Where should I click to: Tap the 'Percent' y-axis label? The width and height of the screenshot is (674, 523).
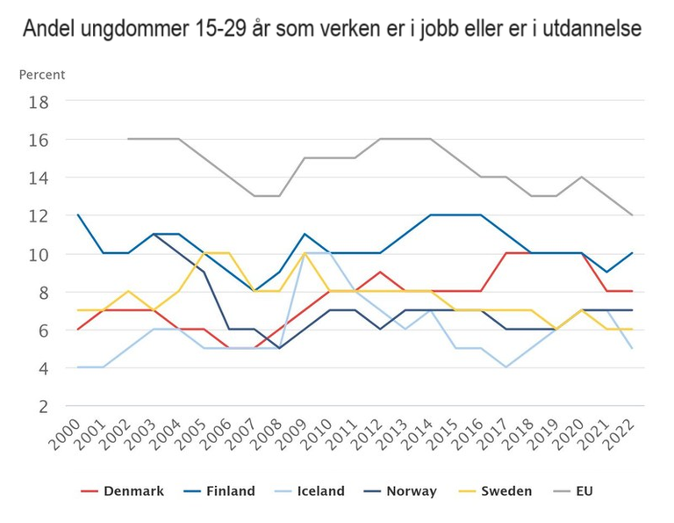coord(42,76)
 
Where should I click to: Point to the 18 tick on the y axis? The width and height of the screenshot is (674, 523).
coord(63,102)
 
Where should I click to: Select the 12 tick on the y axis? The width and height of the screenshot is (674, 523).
coord(63,216)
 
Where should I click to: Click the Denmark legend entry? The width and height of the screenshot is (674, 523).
coord(123,491)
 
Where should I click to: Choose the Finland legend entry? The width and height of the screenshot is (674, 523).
coord(219,491)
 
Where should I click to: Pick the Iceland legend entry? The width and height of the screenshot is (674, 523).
coord(309,491)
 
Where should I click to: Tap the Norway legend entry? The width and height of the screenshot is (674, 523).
coord(400,491)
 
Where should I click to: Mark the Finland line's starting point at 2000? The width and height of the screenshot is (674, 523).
coord(79,215)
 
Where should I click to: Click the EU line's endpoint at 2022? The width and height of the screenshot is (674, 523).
coord(632,215)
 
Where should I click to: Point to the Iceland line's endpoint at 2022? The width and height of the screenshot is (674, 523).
coord(632,348)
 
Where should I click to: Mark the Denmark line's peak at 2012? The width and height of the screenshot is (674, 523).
coord(380,272)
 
